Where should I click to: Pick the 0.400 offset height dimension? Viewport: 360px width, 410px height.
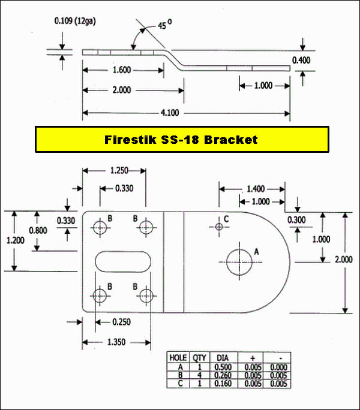click(x=301, y=61)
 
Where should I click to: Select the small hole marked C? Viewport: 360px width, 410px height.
click(x=219, y=227)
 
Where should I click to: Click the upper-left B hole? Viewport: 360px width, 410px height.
click(x=100, y=227)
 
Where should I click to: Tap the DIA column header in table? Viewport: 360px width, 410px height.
click(x=223, y=358)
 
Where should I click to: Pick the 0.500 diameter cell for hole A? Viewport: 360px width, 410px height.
click(x=223, y=367)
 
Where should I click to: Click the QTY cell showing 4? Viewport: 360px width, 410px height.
click(x=199, y=375)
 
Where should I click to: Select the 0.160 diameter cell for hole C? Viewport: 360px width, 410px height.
click(x=223, y=384)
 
